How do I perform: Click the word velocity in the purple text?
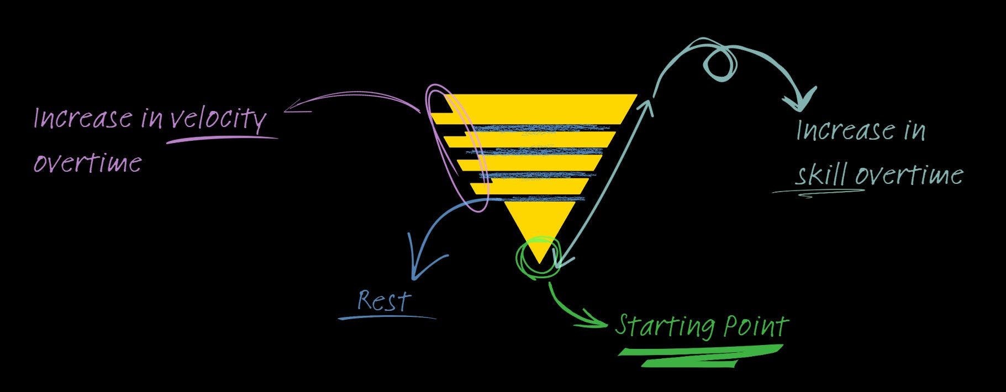[218, 118]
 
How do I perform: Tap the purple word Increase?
[83, 118]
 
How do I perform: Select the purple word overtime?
[88, 163]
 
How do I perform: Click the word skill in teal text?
[821, 175]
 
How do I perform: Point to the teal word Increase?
[846, 130]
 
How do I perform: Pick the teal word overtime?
[909, 175]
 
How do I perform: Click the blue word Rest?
[384, 301]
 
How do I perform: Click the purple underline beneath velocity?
[221, 139]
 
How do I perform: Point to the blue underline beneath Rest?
[387, 317]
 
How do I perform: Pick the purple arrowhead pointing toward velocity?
[293, 110]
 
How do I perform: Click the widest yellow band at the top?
[539, 109]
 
